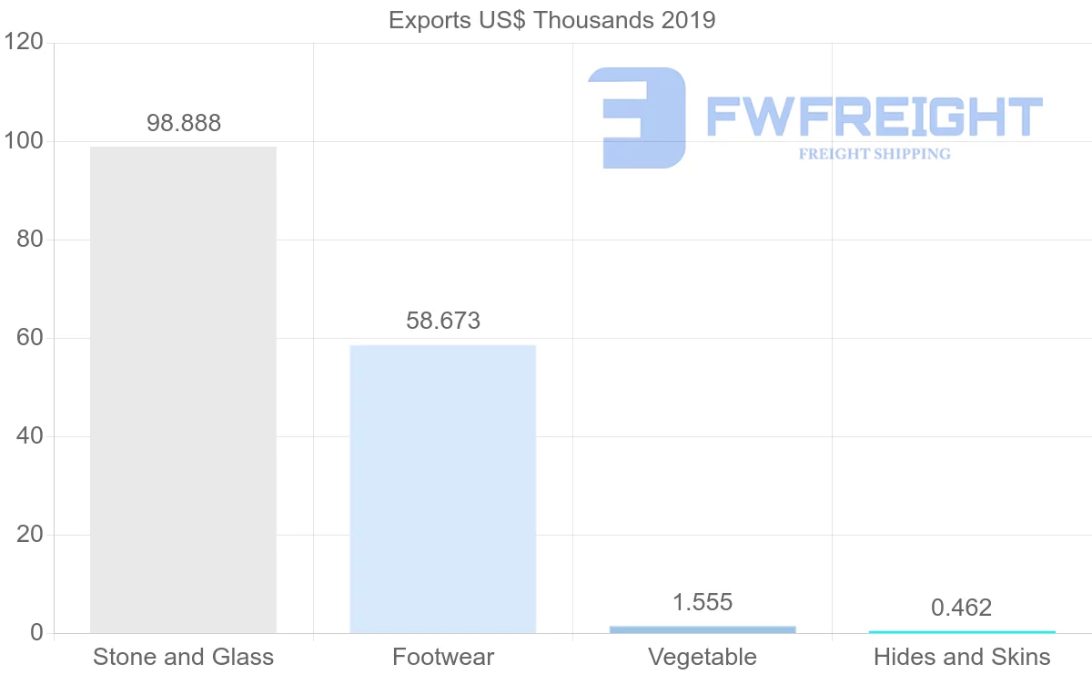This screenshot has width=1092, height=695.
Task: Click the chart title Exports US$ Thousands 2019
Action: pos(551,20)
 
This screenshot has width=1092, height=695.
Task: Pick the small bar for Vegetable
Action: pos(703,629)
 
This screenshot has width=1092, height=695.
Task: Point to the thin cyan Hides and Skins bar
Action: pos(962,632)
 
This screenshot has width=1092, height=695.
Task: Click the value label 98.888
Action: pos(184,124)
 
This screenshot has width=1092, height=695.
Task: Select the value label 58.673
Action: pos(443,321)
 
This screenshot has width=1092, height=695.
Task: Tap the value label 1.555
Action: pos(703,602)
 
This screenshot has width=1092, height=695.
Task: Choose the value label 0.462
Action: pos(962,608)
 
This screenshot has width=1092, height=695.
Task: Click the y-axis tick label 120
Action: pos(25,43)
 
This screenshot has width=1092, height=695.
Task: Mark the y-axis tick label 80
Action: pos(31,240)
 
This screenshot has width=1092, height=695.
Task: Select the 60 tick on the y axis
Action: pos(31,338)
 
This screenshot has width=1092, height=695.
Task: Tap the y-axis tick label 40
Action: pos(31,436)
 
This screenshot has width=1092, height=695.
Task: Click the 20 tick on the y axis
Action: pos(31,535)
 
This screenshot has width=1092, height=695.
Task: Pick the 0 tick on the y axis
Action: pos(36,633)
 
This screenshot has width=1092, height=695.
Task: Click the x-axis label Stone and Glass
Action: pos(183,657)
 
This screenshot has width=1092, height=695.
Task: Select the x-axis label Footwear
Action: pos(443,657)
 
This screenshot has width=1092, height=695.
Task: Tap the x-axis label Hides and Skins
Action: pos(962,657)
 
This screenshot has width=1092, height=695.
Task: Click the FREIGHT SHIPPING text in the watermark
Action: pos(875,154)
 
